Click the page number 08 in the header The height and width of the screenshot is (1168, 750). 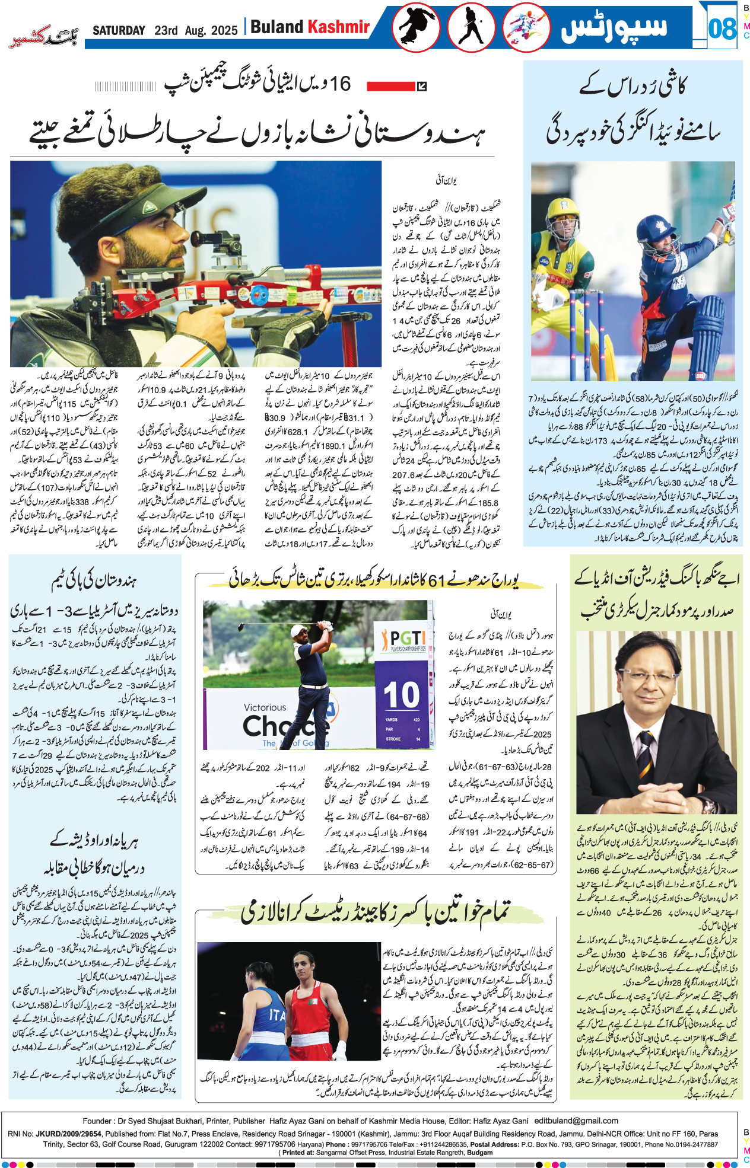click(x=722, y=28)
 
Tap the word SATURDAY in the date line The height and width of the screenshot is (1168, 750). click(x=119, y=30)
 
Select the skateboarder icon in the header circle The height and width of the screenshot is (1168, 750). click(x=415, y=27)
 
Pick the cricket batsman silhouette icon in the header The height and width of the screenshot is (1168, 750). click(x=472, y=27)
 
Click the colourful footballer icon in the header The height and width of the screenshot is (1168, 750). click(x=526, y=27)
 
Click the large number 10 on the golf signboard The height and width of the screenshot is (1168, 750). click(x=401, y=695)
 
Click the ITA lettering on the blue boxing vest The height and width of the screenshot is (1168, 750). click(x=278, y=1016)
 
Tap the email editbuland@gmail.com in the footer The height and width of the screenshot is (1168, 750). click(x=576, y=1121)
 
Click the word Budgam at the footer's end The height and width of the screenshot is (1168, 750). click(x=479, y=1153)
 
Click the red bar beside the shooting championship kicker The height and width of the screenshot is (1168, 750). click(x=390, y=87)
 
